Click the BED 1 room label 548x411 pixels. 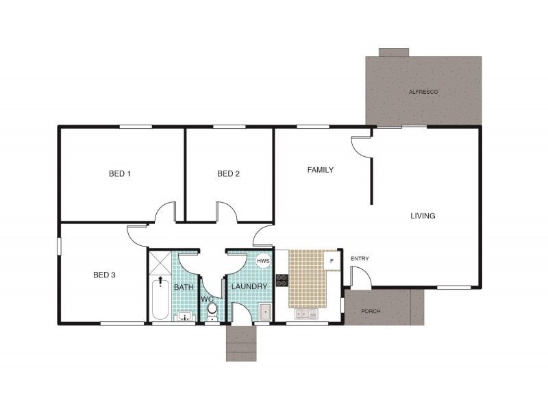coord(120,173)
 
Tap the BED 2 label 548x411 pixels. coord(228,173)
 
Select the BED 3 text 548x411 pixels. coord(104,275)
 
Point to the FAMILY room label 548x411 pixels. coord(320,170)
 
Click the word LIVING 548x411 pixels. coord(423,216)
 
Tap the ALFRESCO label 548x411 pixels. coord(423,92)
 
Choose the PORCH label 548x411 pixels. coord(371,312)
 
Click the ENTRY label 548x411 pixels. coord(360,259)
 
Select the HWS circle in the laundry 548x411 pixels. coord(263,261)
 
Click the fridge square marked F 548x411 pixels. coord(332,260)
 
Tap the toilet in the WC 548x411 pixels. coord(212,310)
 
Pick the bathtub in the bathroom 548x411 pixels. coord(160,298)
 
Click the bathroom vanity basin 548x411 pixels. coord(184,316)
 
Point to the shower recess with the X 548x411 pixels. coord(160,262)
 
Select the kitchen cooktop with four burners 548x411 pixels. coord(282,279)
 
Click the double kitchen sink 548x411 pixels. coord(305,314)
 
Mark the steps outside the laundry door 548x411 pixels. coord(241,342)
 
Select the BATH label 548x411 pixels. coord(184,287)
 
